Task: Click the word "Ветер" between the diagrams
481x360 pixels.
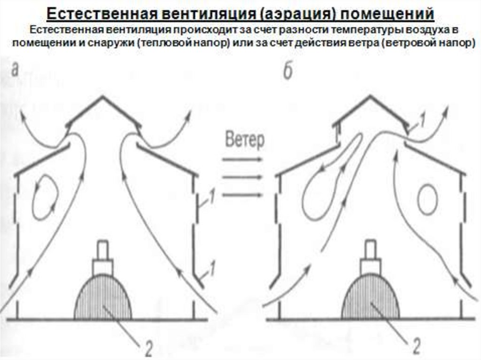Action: click(245, 140)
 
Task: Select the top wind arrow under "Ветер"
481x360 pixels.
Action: click(242, 160)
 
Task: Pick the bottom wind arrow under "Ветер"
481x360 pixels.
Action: click(242, 194)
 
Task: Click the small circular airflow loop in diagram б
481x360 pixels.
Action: click(427, 197)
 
